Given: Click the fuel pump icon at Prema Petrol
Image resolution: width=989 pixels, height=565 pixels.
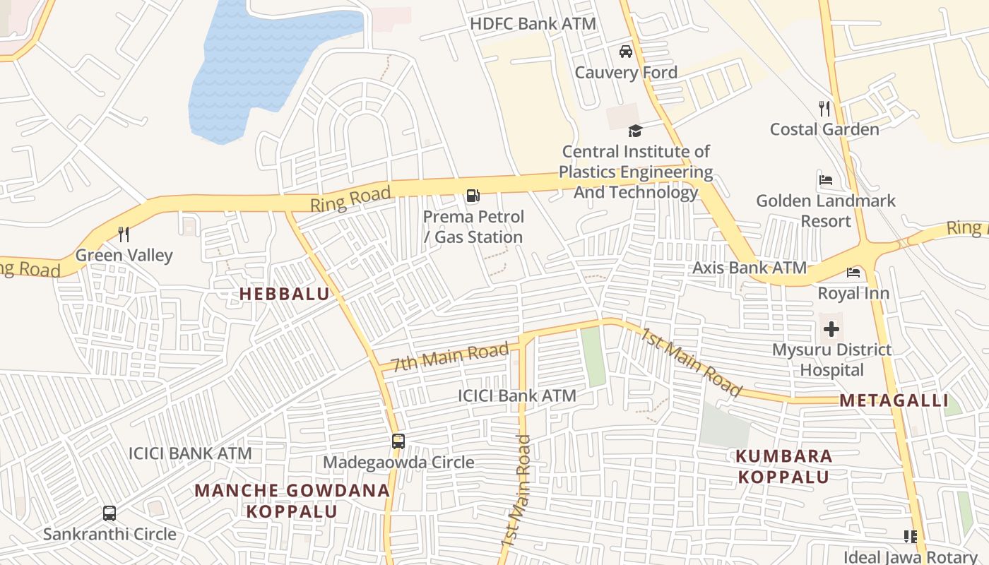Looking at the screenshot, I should [x=473, y=196].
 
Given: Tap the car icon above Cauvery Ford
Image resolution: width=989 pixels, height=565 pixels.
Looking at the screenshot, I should [x=625, y=52].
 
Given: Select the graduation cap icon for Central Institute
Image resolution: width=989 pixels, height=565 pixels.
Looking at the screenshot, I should [x=635, y=131].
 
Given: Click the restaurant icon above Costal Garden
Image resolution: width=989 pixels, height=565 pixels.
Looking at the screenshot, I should [x=824, y=109].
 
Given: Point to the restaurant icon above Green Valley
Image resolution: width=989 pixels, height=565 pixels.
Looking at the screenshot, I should [x=124, y=234].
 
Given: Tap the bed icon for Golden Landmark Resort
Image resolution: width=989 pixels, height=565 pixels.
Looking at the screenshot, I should [x=825, y=180].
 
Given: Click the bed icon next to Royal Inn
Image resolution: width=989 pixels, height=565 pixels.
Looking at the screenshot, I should [x=853, y=272].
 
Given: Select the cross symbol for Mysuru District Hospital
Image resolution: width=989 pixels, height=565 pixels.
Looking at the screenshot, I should [x=831, y=329].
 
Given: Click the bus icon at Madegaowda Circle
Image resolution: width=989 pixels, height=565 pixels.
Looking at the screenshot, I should [x=398, y=441].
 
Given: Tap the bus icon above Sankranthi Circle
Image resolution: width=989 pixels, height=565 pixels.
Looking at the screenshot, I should [x=109, y=513].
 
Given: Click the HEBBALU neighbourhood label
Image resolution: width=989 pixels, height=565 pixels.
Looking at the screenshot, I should [x=285, y=294].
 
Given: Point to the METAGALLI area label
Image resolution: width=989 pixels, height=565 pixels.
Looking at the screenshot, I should [x=894, y=400].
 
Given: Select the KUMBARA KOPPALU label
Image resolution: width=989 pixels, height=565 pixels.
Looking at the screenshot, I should [x=784, y=466].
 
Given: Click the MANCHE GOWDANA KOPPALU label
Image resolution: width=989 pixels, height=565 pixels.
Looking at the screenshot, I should [x=292, y=500].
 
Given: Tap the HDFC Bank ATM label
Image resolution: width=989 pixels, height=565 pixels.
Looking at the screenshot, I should [x=533, y=23].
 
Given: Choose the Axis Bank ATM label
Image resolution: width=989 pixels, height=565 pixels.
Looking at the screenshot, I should [x=749, y=268].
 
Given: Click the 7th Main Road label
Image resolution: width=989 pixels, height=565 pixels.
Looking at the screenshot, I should [x=450, y=356].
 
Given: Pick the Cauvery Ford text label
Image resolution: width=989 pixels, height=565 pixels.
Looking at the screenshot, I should [x=626, y=72].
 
